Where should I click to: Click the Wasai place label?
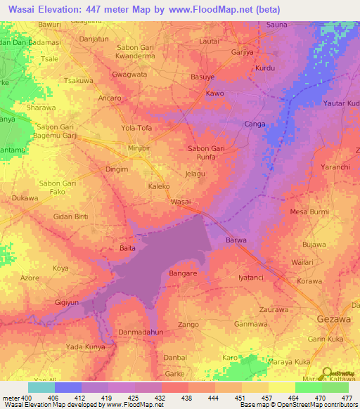coord(181,202)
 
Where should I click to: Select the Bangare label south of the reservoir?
coord(184,273)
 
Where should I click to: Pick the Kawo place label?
coord(214,93)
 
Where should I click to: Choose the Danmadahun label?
coord(140,331)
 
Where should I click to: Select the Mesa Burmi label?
coord(309,211)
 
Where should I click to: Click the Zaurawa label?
coord(274,309)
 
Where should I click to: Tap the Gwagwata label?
coord(129,74)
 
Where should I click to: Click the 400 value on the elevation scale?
coord(20,398)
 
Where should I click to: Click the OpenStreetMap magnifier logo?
coord(327,372)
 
